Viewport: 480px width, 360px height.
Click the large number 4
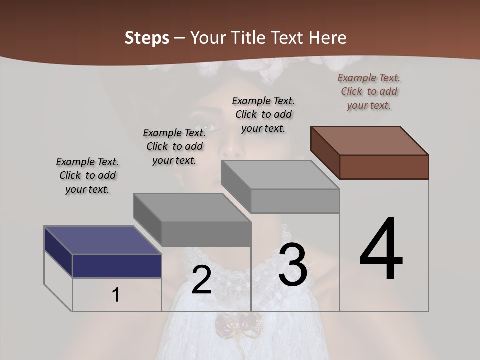point(381,249)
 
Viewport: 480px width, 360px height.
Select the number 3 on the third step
point(293,265)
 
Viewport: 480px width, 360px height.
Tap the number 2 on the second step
point(201,280)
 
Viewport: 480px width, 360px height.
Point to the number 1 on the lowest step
point(115,295)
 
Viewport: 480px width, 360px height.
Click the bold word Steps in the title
point(147,38)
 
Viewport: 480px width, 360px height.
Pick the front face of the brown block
point(384,167)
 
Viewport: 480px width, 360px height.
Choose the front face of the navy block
point(117,266)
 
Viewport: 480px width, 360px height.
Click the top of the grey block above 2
point(192,208)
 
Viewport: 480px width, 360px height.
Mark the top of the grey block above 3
point(280,175)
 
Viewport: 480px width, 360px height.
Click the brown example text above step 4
point(369,92)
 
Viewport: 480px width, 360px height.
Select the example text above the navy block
point(87,176)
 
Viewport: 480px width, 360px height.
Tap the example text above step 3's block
point(263,114)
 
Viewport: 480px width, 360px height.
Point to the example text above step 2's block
point(174,147)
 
